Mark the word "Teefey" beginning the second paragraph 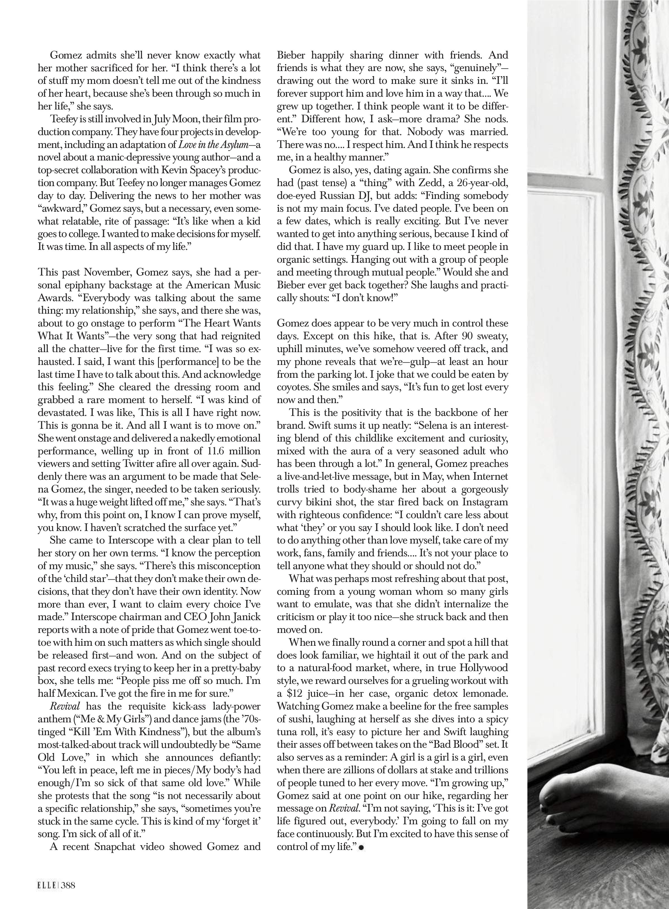coord(64,120)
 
